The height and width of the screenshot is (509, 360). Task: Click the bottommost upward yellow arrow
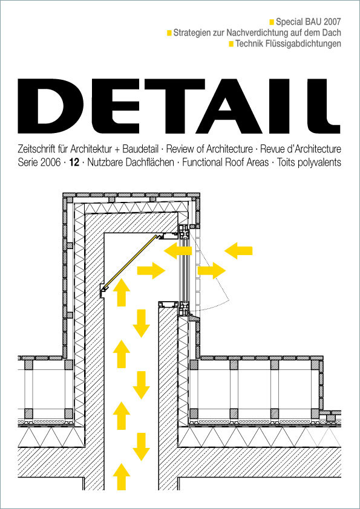pos(122,476)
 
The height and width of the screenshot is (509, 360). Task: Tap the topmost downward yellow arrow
pos(141,322)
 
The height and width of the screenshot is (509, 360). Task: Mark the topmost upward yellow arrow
pos(122,293)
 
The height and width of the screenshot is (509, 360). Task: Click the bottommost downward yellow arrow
pos(141,446)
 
